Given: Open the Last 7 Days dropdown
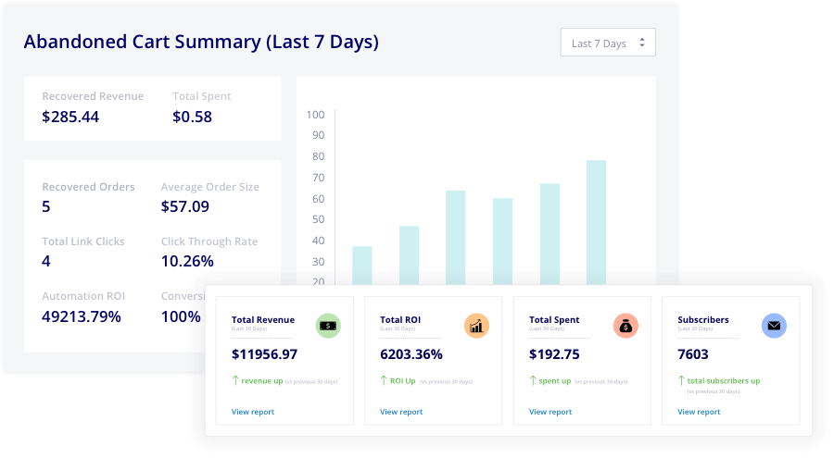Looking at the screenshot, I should click(x=608, y=43).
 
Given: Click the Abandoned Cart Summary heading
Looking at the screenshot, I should click(x=201, y=42).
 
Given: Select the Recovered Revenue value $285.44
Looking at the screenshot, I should click(x=70, y=118).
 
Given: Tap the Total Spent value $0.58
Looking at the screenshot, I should click(x=192, y=118).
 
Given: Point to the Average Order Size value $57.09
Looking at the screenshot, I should click(x=185, y=206).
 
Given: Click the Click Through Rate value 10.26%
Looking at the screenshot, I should click(x=187, y=261).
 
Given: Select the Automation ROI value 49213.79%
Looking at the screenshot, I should click(x=82, y=316).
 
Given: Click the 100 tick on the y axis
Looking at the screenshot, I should click(x=315, y=115).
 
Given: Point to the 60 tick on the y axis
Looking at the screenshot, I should click(x=318, y=199).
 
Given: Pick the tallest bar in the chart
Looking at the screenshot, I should click(x=596, y=222).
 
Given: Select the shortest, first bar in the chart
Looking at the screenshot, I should click(x=361, y=266).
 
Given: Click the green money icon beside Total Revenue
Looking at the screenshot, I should click(x=328, y=326).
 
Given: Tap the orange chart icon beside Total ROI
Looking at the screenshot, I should click(x=476, y=326).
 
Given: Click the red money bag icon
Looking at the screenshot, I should click(x=625, y=326).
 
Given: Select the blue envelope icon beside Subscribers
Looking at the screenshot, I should click(x=774, y=326).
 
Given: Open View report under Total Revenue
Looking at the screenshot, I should click(x=253, y=412).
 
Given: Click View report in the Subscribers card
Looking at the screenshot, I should click(x=699, y=412).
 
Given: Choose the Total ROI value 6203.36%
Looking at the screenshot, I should click(x=411, y=354).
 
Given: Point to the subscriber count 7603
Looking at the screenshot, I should click(x=693, y=354).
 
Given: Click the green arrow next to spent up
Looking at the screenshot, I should click(x=533, y=380).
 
